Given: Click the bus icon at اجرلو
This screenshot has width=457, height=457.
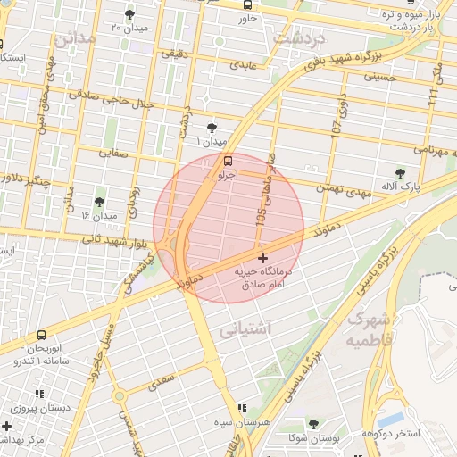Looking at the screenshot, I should (228, 162).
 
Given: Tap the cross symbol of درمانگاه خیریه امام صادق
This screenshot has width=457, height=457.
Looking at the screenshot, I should (262, 258).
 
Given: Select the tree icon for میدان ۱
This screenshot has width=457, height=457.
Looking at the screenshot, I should (212, 128).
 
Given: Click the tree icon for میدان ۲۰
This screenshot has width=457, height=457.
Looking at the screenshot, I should (130, 14).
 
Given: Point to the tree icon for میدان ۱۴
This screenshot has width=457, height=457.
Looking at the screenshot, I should (98, 202).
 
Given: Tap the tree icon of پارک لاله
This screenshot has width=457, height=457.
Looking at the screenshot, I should (400, 173).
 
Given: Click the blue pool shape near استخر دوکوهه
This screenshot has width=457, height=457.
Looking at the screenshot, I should (390, 418).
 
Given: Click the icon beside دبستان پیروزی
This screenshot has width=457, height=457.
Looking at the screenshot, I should (39, 394).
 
